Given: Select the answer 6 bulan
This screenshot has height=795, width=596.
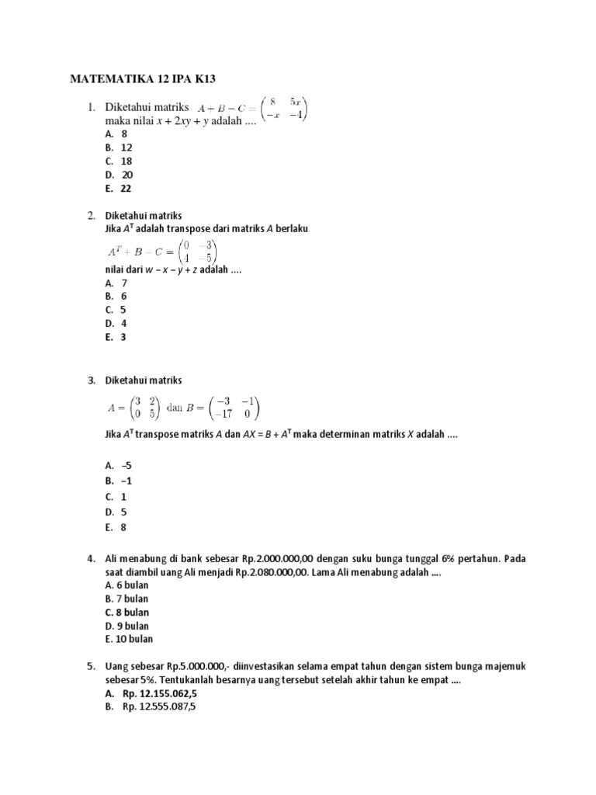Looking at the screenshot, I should click(x=126, y=585).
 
